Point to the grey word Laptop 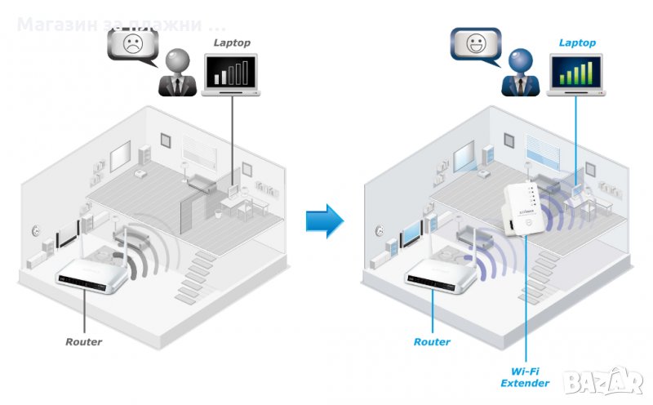(233, 42)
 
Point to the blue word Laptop (577, 42)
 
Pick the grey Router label (84, 341)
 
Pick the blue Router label (432, 341)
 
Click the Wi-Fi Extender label (525, 376)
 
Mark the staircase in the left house (194, 274)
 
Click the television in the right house (411, 234)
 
